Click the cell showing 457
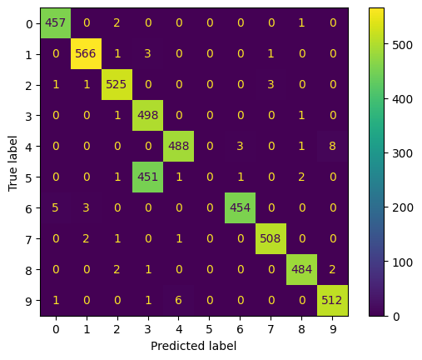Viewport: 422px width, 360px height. point(56,23)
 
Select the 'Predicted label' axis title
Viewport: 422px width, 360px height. point(194,345)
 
